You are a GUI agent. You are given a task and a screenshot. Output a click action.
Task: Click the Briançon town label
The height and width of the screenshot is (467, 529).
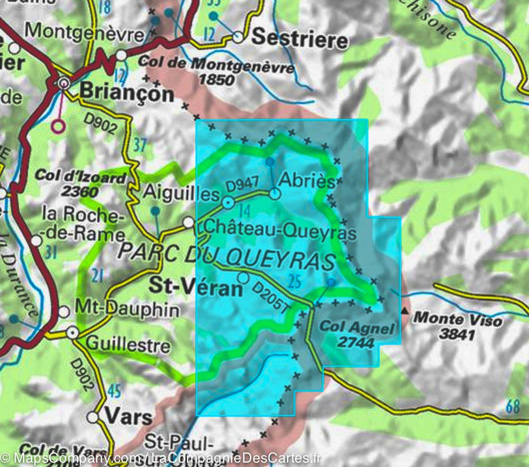127,93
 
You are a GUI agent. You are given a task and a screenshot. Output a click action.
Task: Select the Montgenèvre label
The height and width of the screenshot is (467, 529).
85,32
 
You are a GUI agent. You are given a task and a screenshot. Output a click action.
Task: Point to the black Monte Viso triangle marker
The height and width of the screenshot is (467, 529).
404,312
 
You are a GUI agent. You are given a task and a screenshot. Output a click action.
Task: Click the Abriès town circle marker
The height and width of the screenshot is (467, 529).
275,194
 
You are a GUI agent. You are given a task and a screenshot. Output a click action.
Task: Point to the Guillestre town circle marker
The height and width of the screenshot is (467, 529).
73,333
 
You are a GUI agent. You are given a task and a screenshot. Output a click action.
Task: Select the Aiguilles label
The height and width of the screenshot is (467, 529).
181,194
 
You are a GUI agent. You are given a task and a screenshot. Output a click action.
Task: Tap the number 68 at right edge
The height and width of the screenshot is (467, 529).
513,406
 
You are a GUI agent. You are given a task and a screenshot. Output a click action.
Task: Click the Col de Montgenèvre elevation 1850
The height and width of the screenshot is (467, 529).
216,80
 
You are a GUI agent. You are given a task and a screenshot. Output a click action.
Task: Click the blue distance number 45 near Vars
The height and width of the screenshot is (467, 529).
114,391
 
